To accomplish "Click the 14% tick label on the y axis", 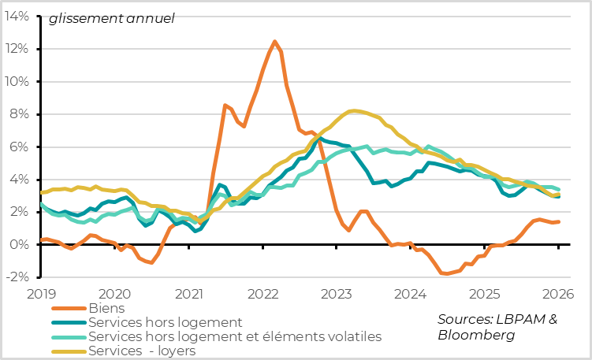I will [18, 16].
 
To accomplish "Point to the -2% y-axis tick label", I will [18, 277].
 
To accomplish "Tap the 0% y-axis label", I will [21, 245].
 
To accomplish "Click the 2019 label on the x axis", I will [40, 294].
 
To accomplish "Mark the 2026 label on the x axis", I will [557, 294].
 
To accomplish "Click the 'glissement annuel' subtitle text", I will [111, 19].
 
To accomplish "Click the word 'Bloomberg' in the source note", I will [476, 335].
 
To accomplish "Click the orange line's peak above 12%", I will [274, 42].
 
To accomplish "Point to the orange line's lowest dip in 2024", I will [446, 274].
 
